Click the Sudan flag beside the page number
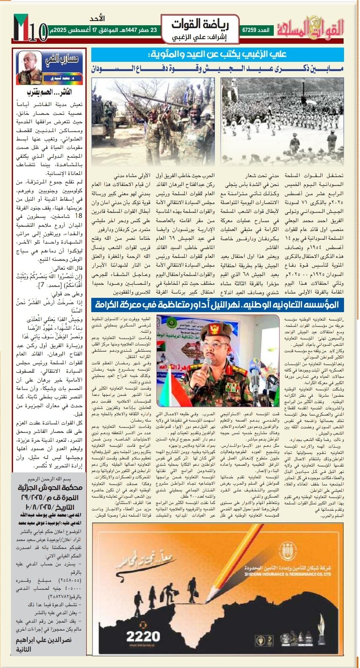pos(21,27)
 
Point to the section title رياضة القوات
pos(200,24)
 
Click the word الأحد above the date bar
pos(97,19)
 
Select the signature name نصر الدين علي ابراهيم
pos(44,640)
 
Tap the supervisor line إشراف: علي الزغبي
pos(200,37)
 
